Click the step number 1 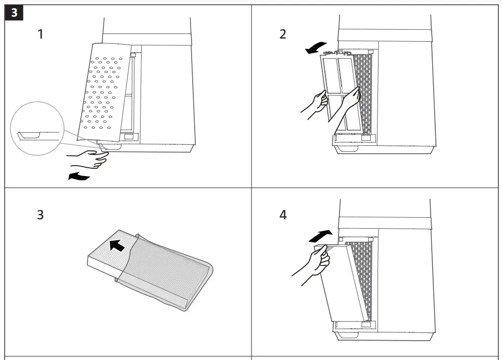(40, 35)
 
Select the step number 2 (283, 35)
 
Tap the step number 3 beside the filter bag (40, 215)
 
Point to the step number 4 (283, 215)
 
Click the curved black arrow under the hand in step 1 (79, 177)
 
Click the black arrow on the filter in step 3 (118, 245)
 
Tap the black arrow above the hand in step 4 (320, 235)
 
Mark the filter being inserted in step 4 (344, 287)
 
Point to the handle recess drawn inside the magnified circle (29, 136)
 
